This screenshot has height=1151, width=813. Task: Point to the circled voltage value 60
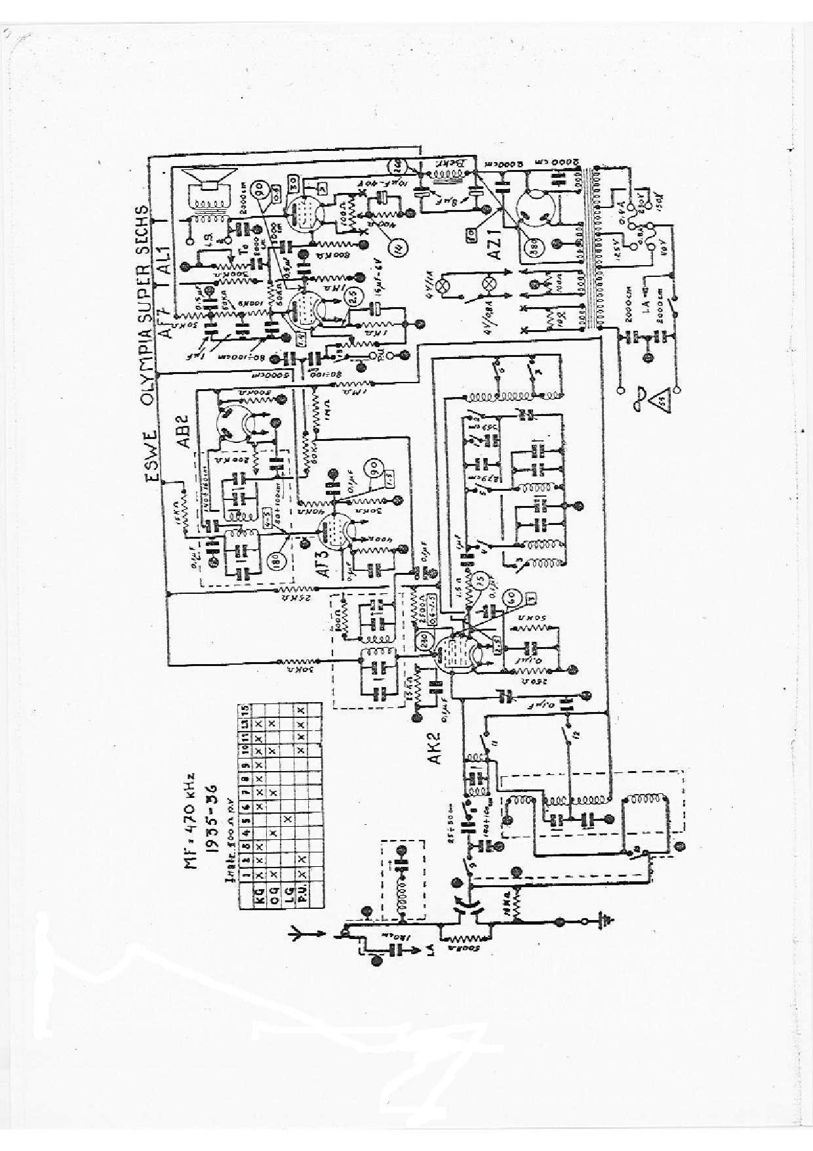pyautogui.click(x=509, y=598)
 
